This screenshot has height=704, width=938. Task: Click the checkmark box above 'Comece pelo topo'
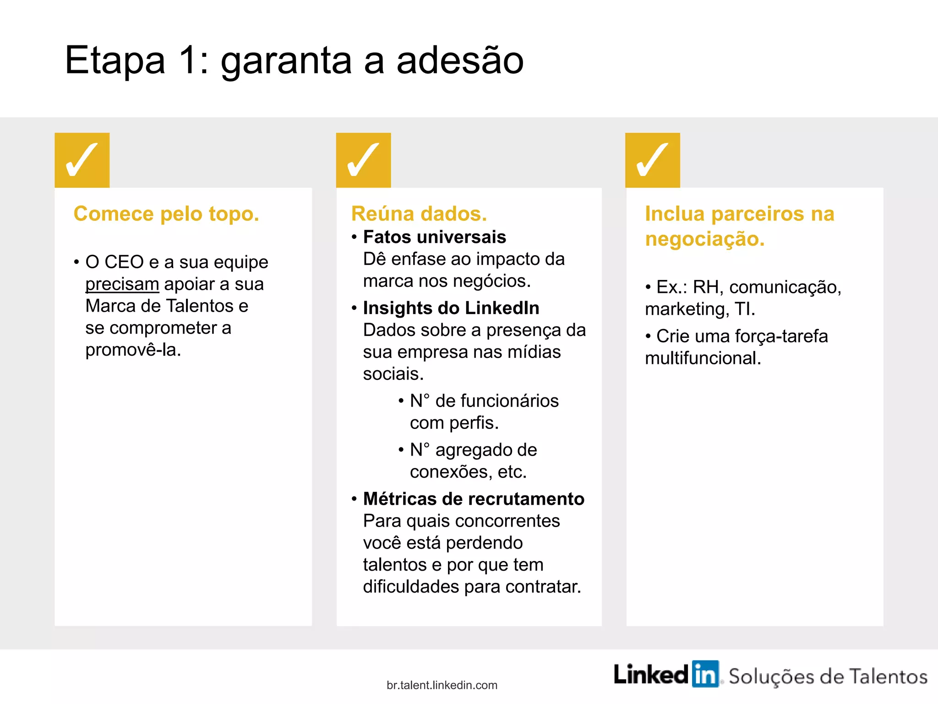click(82, 160)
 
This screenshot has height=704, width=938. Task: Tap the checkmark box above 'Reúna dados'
click(363, 160)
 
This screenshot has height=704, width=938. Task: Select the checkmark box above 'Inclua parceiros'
click(652, 160)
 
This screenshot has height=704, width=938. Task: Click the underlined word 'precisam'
click(122, 284)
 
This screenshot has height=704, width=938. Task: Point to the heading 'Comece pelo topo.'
click(166, 214)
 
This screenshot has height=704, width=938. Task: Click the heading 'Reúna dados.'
click(419, 214)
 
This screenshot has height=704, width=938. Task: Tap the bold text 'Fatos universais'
click(434, 237)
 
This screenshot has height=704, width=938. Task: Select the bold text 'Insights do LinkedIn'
click(451, 308)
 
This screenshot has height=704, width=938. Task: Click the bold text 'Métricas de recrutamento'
click(474, 499)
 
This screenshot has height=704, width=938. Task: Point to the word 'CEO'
click(124, 262)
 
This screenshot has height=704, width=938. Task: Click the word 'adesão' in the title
click(460, 60)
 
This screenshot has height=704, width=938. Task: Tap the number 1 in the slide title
click(188, 60)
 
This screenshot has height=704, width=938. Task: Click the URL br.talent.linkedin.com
click(442, 685)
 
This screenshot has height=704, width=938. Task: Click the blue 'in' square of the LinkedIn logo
click(705, 674)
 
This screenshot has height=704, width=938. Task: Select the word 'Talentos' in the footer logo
click(888, 676)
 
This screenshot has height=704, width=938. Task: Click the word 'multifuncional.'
click(703, 358)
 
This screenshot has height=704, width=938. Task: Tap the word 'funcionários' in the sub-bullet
click(497, 401)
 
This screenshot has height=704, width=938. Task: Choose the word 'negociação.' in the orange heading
click(704, 239)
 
